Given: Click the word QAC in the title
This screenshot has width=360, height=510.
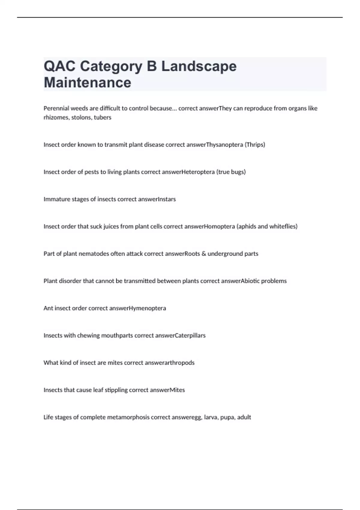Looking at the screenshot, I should pyautogui.click(x=59, y=66).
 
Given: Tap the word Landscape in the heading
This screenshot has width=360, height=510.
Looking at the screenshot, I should pyautogui.click(x=199, y=66).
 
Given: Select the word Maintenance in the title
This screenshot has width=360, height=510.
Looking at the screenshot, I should pyautogui.click(x=87, y=82).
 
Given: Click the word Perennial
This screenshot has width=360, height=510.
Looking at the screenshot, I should pyautogui.click(x=56, y=108).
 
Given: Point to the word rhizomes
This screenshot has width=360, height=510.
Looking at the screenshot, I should pyautogui.click(x=56, y=118).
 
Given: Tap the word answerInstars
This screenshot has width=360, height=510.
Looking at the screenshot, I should pyautogui.click(x=157, y=199).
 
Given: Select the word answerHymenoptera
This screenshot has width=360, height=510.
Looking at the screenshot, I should pyautogui.click(x=137, y=308).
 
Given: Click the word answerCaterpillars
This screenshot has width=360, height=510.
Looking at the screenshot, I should pyautogui.click(x=180, y=335).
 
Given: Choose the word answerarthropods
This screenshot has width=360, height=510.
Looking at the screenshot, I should pyautogui.click(x=169, y=363).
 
